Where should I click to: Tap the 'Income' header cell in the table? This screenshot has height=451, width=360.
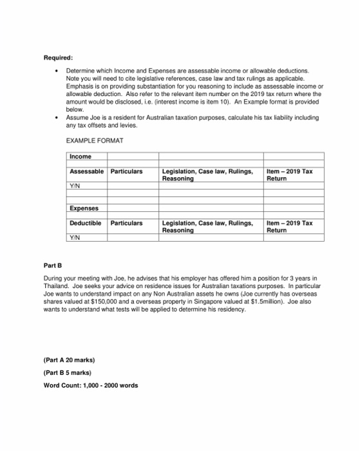81,157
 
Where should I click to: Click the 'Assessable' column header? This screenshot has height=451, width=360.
87,171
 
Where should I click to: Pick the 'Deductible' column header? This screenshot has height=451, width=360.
86,223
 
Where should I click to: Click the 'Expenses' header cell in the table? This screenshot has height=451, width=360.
84,209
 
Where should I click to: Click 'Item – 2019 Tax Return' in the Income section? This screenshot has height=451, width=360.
289,175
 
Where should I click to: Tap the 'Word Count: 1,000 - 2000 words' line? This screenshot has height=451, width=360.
91,385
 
